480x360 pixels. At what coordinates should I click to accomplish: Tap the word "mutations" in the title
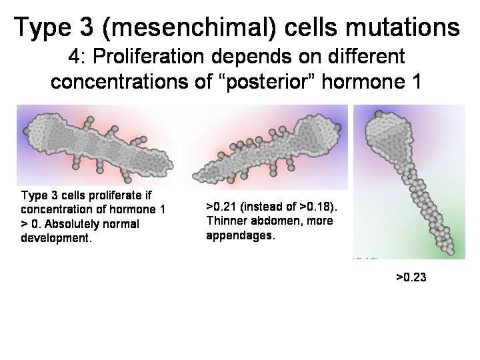pyautogui.click(x=402, y=27)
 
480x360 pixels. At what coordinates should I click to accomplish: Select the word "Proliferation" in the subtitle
pyautogui.click(x=148, y=56)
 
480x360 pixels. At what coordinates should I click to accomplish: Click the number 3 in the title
pyautogui.click(x=86, y=27)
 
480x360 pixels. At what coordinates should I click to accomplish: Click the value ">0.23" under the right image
pyautogui.click(x=411, y=277)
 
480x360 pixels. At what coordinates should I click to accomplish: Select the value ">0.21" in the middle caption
pyautogui.click(x=221, y=207)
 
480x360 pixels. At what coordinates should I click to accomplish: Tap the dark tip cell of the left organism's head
pyautogui.click(x=26, y=131)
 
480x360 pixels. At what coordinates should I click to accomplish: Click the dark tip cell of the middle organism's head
pyautogui.click(x=337, y=127)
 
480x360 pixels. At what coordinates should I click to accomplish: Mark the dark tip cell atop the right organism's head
pyautogui.click(x=379, y=114)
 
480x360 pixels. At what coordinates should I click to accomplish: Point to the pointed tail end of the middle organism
pyautogui.click(x=195, y=176)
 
